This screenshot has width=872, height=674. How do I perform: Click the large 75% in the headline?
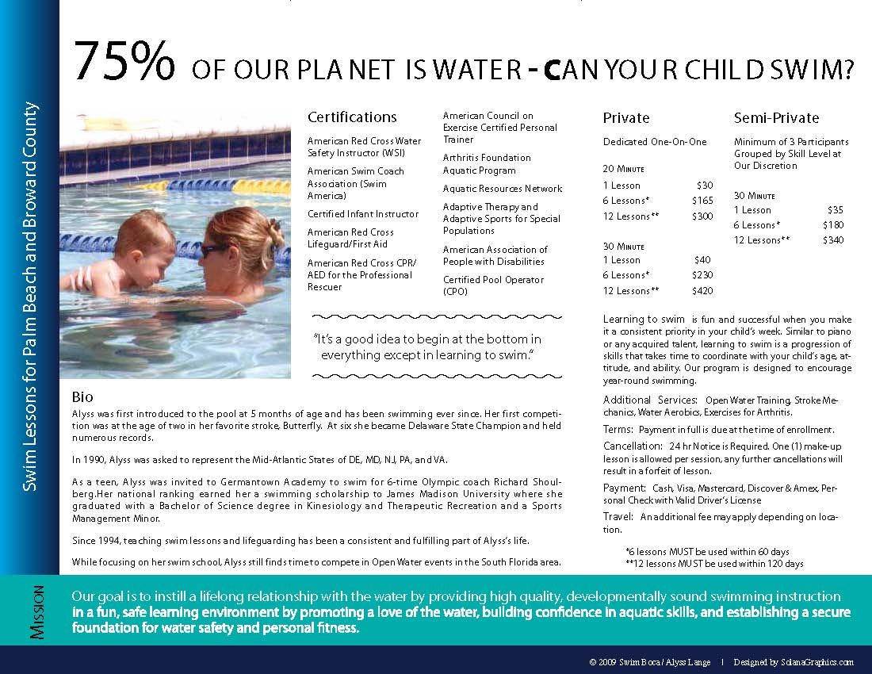tap(124, 62)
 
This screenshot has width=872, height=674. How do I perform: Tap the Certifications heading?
tap(352, 117)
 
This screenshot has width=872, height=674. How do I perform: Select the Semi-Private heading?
tap(776, 118)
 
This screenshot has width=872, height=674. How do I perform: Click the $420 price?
tap(702, 291)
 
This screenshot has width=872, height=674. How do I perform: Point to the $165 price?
tap(702, 201)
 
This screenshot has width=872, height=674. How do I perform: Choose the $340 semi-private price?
tap(832, 240)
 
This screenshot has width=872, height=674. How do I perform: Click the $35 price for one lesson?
tap(835, 210)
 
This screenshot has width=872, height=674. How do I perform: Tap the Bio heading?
tap(82, 396)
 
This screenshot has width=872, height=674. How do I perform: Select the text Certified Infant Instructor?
tap(363, 214)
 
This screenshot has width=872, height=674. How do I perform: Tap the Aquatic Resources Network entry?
tap(503, 189)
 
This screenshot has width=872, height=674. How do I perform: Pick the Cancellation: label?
tap(633, 446)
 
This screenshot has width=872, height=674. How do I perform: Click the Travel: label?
tap(619, 517)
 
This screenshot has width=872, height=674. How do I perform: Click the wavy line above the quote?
tap(428, 316)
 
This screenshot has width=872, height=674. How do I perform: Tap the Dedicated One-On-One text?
tap(654, 142)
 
